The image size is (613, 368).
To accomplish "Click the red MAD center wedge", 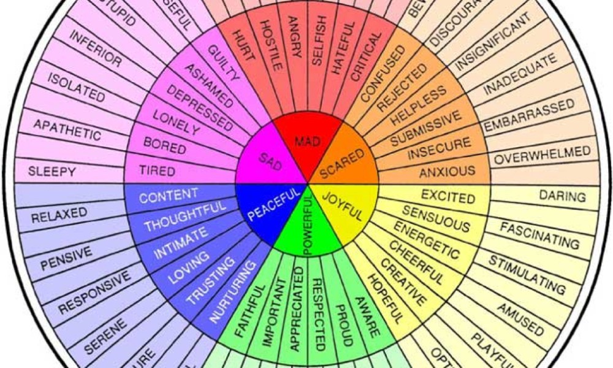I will click(x=307, y=142).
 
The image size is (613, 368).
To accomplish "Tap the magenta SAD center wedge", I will click(x=268, y=161).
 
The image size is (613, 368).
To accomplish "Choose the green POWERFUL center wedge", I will click(x=307, y=230).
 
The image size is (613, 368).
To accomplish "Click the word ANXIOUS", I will click(x=447, y=171).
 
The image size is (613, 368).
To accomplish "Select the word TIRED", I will click(x=157, y=170).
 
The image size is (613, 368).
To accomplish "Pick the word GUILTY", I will click(x=223, y=64).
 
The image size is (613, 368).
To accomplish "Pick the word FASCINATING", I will click(x=539, y=236).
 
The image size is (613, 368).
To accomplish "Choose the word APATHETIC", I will click(x=67, y=129).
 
